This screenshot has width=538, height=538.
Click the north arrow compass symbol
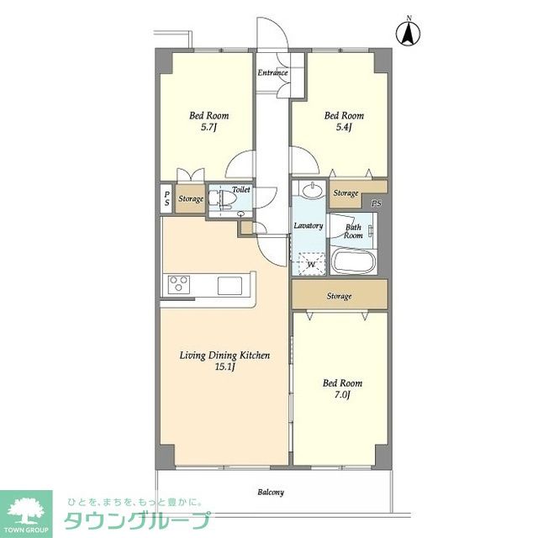(x=409, y=34)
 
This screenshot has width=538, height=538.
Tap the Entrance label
(x=272, y=73)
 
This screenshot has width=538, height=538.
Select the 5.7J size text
(x=209, y=128)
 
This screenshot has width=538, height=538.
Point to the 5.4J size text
(x=344, y=128)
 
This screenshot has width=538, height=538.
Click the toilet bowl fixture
(x=223, y=200)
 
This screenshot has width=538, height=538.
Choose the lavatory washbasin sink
(x=312, y=189)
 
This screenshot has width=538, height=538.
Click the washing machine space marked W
(x=312, y=264)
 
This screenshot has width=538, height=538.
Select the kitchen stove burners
(x=179, y=284)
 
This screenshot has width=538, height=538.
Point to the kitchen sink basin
(x=229, y=286)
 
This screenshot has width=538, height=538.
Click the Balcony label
(x=271, y=493)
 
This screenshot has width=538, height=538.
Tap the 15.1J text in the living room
(x=224, y=367)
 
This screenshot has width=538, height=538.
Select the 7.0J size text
(x=342, y=395)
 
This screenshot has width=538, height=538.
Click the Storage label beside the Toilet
(x=191, y=198)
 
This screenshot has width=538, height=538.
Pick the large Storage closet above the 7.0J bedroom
(x=340, y=295)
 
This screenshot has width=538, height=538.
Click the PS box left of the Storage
(x=166, y=198)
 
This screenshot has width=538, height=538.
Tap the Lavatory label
(x=309, y=226)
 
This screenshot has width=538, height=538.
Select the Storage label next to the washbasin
(x=345, y=193)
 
